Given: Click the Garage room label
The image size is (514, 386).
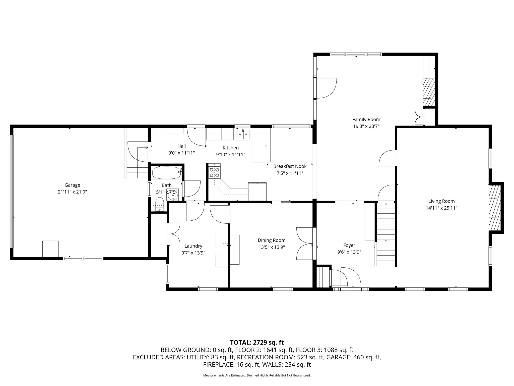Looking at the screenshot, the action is tap(72, 185).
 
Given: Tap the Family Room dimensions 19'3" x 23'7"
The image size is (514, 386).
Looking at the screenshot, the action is tap(366, 126).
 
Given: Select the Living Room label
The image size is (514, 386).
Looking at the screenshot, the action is tap(441, 201).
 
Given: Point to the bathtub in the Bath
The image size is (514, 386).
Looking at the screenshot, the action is tap(167, 173).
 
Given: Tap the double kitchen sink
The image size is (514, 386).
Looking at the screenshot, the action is tap(243, 135).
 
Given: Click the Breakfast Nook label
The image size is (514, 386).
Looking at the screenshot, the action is tap(290, 166).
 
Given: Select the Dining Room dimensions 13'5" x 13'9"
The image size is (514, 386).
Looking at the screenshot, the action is tap(272, 247).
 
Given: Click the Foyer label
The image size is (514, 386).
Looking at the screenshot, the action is tap(349, 245).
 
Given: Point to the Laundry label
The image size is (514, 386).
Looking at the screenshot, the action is tap(193, 246).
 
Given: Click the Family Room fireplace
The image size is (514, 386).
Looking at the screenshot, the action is tap(429, 92).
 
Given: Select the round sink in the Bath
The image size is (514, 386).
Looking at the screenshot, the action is tap(173, 195).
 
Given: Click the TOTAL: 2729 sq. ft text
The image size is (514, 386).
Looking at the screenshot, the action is tap(257, 342).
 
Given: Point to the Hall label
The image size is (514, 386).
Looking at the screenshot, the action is tap(181, 146).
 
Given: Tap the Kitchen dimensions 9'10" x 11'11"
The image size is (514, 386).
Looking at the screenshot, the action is tap(231, 155).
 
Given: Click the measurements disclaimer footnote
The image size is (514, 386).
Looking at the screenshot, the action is tap(257, 375).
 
